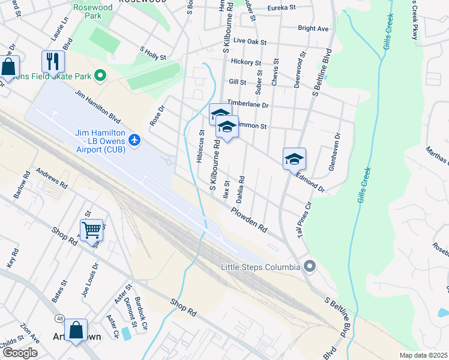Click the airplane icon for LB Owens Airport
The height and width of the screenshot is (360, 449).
tap(134, 140)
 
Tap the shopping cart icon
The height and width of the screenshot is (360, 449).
tap(91, 229)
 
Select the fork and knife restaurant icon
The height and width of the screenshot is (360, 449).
tap(53, 61)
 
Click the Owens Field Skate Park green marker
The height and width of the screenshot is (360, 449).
tap(100, 76)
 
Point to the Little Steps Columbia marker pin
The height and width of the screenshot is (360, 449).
tap(310, 266)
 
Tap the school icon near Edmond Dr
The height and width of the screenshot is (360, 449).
tap(294, 158)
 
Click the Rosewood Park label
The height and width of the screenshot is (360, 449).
tap(88, 11)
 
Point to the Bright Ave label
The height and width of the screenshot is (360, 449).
tap(313, 28)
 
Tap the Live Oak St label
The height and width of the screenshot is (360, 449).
tap(250, 41)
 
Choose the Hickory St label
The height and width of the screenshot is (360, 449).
tap(246, 62)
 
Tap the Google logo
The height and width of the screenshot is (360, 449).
tap(20, 353)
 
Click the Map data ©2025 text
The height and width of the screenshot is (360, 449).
tap(423, 355)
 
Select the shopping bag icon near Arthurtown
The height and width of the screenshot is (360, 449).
tap(76, 330)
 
